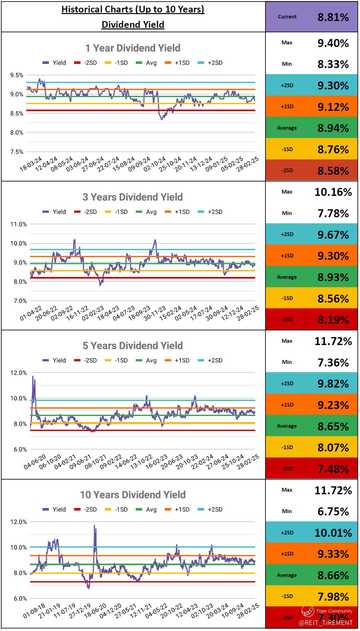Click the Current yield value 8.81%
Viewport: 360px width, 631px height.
click(x=333, y=17)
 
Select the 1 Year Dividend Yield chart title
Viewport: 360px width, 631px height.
click(x=133, y=48)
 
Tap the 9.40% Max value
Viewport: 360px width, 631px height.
click(x=333, y=43)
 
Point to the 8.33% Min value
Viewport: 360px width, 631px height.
click(x=333, y=65)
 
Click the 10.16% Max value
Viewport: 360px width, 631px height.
click(x=333, y=192)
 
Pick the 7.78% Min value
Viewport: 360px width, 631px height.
click(x=333, y=213)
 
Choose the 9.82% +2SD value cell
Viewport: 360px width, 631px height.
click(x=333, y=384)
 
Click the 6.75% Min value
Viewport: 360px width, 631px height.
click(x=333, y=512)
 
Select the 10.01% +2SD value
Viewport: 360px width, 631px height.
click(x=333, y=533)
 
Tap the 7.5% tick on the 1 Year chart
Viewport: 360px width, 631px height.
click(x=17, y=152)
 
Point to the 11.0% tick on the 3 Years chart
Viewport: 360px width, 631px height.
click(x=18, y=224)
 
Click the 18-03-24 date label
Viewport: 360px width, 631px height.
click(x=31, y=164)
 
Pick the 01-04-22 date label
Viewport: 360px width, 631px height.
click(x=31, y=313)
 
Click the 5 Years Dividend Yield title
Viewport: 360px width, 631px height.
click(x=133, y=346)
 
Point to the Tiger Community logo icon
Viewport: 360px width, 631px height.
click(x=308, y=611)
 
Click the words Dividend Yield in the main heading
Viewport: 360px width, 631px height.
click(x=133, y=25)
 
